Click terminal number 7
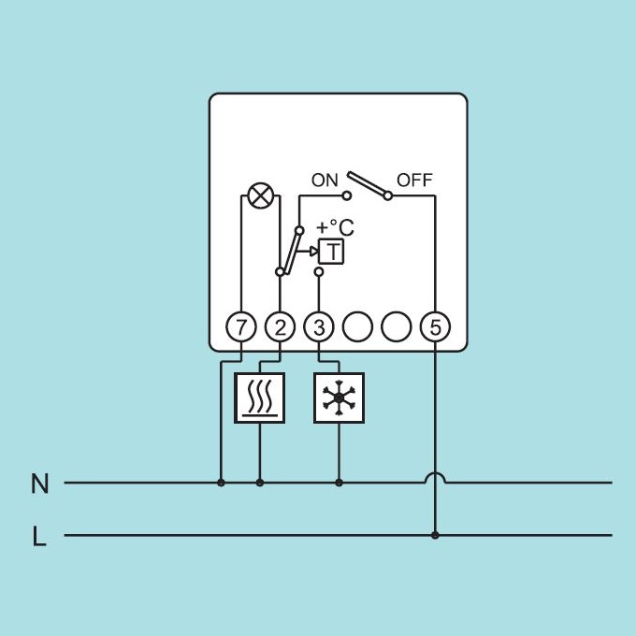[241, 327]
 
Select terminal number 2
[280, 327]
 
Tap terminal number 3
[319, 327]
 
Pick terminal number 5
[435, 327]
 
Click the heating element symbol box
[260, 397]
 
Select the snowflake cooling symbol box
[340, 397]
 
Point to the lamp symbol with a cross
[260, 195]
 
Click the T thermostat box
[331, 252]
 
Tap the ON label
[325, 181]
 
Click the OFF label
[414, 181]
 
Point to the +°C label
[335, 227]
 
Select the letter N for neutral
[39, 484]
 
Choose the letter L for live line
[38, 536]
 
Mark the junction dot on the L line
[435, 535]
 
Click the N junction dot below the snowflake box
[340, 483]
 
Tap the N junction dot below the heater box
[260, 483]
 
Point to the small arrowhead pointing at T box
[314, 252]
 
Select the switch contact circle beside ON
[346, 195]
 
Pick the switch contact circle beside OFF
[388, 195]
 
